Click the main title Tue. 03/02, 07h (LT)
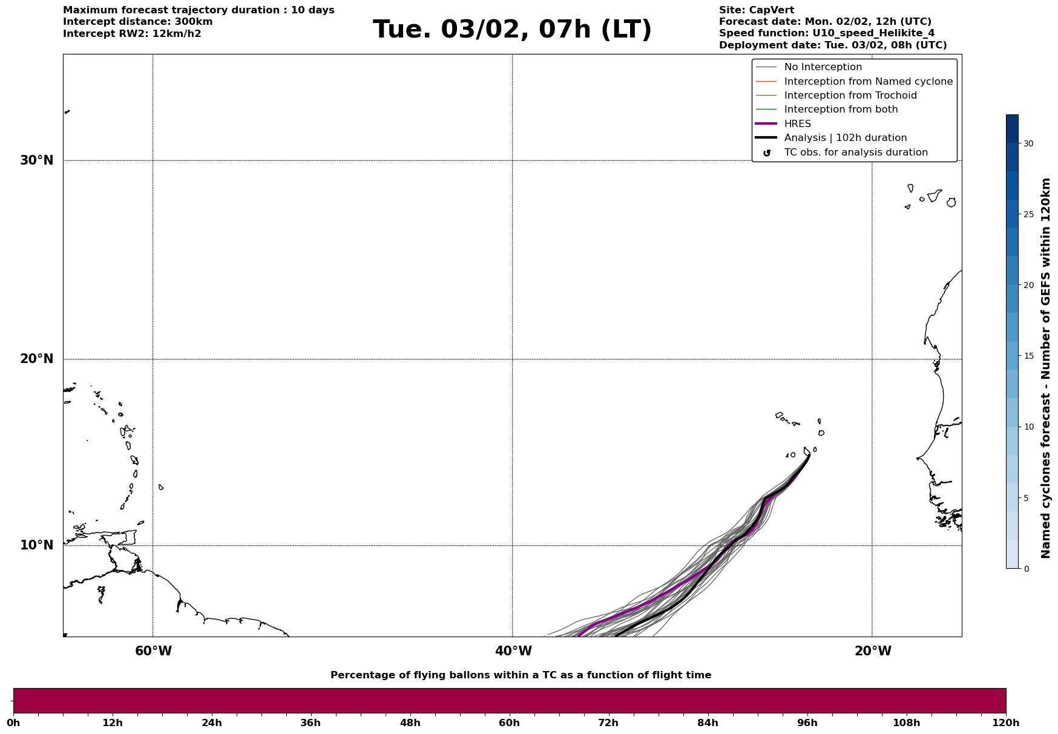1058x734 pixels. click(512, 30)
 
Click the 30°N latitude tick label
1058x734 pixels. click(37, 160)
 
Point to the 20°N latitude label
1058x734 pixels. click(37, 359)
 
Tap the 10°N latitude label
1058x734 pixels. click(37, 545)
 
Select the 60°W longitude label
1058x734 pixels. click(153, 651)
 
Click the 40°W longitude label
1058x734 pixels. click(513, 651)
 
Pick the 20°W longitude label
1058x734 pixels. click(873, 651)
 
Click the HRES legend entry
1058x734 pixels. click(797, 124)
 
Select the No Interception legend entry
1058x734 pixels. click(823, 67)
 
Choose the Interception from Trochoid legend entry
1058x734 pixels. click(850, 96)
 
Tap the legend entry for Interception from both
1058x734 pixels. click(841, 110)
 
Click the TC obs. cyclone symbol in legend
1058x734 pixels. click(767, 153)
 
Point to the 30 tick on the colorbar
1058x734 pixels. click(1028, 143)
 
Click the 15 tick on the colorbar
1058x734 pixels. click(1028, 356)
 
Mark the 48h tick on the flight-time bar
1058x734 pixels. click(410, 723)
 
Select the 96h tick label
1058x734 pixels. click(807, 723)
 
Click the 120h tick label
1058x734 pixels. click(1005, 723)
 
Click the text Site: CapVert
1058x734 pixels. click(756, 10)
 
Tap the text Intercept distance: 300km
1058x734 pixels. click(137, 22)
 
